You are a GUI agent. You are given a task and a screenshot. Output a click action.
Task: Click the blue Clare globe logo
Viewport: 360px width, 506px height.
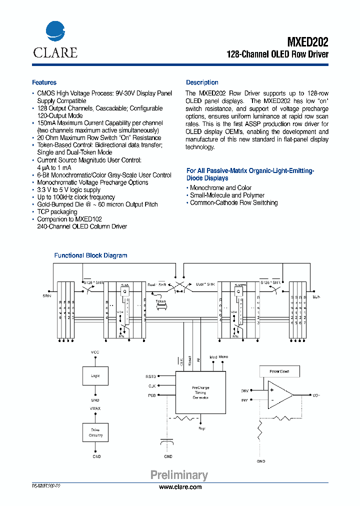point(55,31)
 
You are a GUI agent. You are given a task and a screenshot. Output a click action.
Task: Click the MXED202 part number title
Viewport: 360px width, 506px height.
point(308,41)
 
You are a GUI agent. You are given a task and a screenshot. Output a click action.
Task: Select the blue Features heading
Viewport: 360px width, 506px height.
point(44,82)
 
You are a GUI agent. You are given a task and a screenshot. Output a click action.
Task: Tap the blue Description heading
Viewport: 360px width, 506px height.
point(202,82)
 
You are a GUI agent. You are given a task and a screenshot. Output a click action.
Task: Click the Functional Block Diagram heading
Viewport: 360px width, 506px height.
point(90,255)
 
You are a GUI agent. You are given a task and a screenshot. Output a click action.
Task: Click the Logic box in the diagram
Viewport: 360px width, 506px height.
point(95,376)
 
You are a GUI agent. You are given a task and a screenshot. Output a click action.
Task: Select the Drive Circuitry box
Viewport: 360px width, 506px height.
point(95,433)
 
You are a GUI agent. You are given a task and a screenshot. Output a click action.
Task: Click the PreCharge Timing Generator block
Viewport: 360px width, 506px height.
point(200,392)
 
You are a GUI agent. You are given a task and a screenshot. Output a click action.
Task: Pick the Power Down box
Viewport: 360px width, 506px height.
point(279,371)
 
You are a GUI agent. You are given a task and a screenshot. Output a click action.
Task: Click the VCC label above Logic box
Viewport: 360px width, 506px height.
point(95,352)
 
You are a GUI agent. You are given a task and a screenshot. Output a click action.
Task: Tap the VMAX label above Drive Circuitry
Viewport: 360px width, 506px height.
point(95,408)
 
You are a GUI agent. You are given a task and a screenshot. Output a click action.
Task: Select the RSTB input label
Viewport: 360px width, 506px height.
point(150,376)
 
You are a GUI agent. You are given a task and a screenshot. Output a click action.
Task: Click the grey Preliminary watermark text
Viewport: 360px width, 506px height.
point(179,475)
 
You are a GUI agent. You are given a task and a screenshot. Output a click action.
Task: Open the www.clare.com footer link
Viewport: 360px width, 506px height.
point(180,487)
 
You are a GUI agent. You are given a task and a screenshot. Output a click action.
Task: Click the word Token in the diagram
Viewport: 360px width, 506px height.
point(160,301)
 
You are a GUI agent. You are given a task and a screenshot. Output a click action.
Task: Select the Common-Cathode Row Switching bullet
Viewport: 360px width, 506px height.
point(233,203)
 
